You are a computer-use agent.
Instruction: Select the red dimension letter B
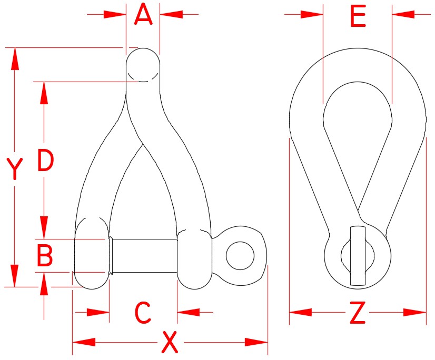(45, 256)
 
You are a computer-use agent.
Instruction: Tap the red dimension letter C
(143, 313)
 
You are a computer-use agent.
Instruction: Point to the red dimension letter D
(45, 161)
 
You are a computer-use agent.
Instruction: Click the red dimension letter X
(169, 343)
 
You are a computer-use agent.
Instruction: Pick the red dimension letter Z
(357, 314)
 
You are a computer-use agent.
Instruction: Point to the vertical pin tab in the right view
(357, 256)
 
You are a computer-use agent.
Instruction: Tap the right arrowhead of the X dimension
(258, 343)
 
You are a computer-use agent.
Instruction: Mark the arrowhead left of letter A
(116, 14)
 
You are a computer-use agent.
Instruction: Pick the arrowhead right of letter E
(402, 14)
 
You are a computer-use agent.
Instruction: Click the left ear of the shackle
(92, 253)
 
